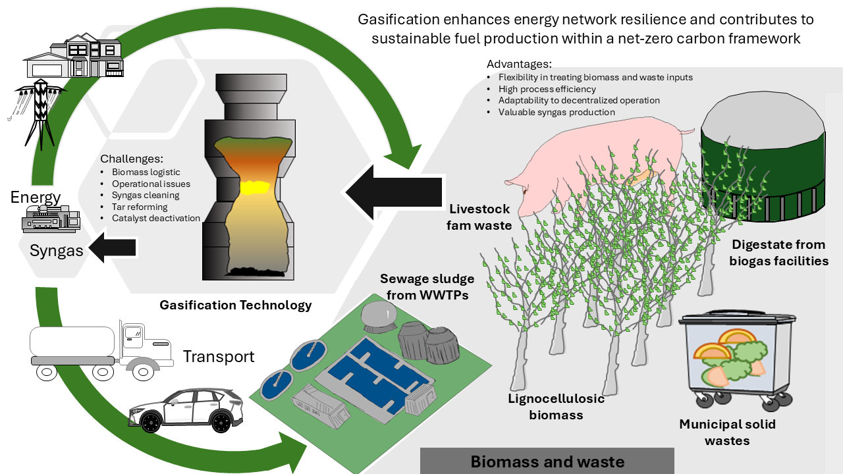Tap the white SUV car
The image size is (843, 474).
point(186,411)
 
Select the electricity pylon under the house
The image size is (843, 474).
point(40,113)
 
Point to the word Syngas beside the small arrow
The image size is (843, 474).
point(57,251)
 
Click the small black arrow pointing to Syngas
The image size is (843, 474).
point(112,248)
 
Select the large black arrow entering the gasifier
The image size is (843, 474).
point(394,192)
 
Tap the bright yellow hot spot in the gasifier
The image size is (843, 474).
point(255,188)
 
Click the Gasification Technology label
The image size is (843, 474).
point(236,305)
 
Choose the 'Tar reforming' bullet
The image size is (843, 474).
point(140,207)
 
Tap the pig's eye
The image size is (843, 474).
point(525,192)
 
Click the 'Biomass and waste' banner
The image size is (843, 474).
point(547,461)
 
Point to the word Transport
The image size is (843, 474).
point(219,357)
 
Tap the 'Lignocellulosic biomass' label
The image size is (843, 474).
point(557,407)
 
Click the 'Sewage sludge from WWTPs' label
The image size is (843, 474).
point(427,286)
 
